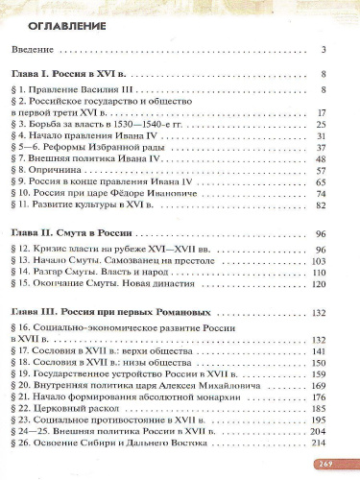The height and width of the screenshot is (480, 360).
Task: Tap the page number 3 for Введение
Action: coord(325,49)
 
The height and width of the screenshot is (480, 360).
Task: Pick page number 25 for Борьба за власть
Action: coord(323,124)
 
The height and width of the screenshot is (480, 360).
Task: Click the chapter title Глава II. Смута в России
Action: coord(84,235)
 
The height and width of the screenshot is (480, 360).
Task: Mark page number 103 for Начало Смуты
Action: coord(321,261)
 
